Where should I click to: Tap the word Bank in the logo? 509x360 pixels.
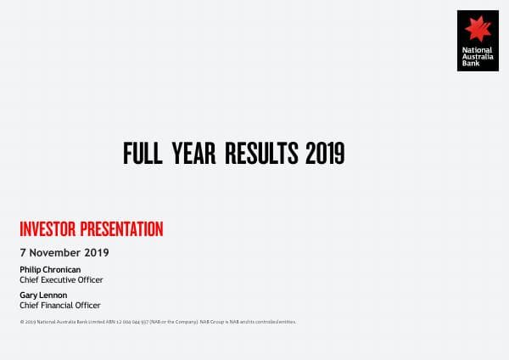pos(469,64)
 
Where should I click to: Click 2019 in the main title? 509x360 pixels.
pos(324,154)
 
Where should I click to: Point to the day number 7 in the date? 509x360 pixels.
pos(22,252)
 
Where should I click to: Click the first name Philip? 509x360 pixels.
pos(29,269)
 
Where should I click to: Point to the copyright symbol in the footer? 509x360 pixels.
pos(21,322)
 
